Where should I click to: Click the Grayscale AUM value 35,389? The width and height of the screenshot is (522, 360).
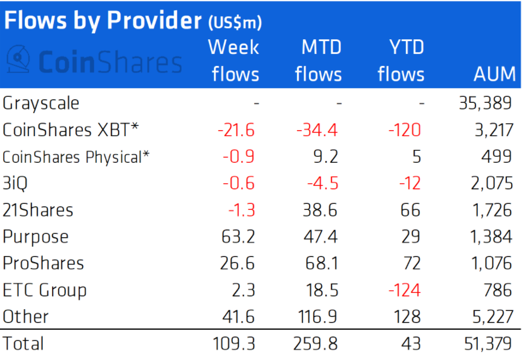[485, 103]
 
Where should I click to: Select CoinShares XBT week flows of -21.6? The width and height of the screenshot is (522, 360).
[236, 130]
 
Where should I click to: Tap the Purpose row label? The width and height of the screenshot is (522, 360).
[35, 237]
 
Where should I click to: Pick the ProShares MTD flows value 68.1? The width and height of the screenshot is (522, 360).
[322, 263]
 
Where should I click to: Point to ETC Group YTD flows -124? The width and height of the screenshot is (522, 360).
[405, 290]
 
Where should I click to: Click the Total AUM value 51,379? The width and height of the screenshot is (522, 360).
[488, 344]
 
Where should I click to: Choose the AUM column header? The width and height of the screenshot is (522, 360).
[495, 74]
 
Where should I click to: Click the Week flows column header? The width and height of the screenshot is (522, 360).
[234, 61]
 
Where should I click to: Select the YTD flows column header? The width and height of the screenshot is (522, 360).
[401, 61]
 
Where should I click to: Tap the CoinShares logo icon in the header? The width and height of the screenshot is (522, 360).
[18, 59]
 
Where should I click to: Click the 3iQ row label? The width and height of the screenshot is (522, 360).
[15, 183]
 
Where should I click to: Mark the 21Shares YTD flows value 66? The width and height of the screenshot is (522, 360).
[411, 210]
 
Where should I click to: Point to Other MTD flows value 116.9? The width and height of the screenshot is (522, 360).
[318, 316]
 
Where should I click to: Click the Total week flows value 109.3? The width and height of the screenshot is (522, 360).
[233, 344]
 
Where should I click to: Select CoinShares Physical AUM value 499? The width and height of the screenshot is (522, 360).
[497, 157]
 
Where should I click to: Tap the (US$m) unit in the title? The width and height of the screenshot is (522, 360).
[235, 22]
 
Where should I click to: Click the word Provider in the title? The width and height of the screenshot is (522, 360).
[154, 21]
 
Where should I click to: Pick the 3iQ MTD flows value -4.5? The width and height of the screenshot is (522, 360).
[322, 183]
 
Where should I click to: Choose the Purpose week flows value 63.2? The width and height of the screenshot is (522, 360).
[238, 237]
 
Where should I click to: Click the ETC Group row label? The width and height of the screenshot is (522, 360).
[45, 290]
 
